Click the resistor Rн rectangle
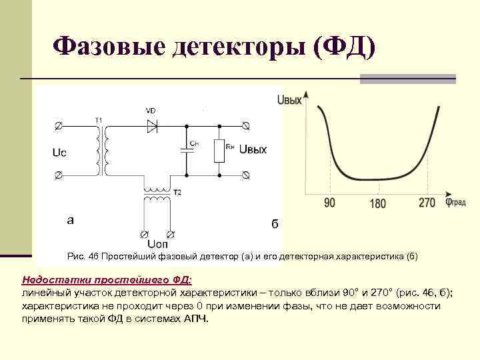tap(217, 151)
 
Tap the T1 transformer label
tap(99, 119)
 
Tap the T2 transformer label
tap(177, 192)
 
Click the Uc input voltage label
tap(59, 153)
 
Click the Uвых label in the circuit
tap(253, 149)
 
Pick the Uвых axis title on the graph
tap(289, 100)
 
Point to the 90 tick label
tap(329, 203)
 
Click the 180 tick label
tap(377, 203)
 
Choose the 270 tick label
tap(427, 203)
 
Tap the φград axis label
tap(456, 203)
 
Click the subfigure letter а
tap(71, 219)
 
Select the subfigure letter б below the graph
tap(274, 224)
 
